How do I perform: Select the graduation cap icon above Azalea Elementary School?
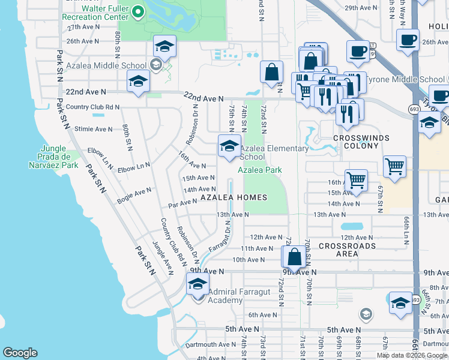pos(228,147)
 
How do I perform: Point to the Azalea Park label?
pos(259,170)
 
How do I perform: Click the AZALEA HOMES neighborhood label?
pos(234,197)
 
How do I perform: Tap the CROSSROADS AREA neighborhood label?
pos(347,250)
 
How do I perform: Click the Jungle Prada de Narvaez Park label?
pos(59,157)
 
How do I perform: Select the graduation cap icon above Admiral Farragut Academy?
pos(197,285)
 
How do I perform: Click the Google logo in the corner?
pos(20,353)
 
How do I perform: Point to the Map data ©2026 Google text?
pos(412,355)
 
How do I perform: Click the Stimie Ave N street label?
pos(94,129)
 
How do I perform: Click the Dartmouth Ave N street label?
pos(210,344)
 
